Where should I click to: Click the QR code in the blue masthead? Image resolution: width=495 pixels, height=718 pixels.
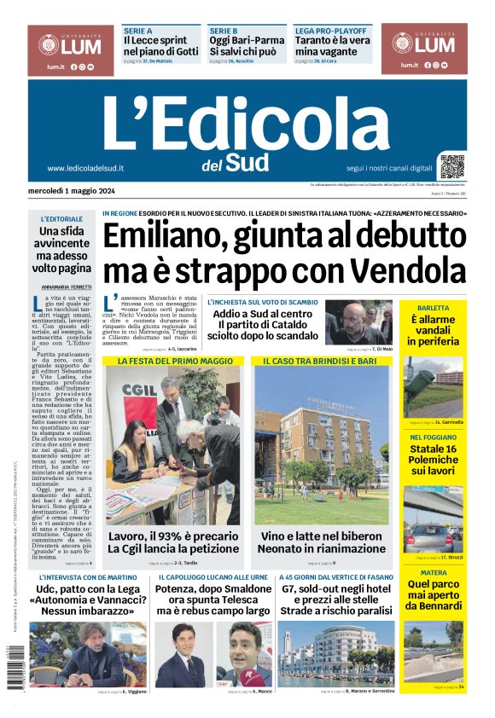[452, 165]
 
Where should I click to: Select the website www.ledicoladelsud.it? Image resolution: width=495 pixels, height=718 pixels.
[85, 168]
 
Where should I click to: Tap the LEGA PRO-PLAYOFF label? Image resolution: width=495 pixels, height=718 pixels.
[330, 31]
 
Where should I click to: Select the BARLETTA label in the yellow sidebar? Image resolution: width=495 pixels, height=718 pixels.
[434, 308]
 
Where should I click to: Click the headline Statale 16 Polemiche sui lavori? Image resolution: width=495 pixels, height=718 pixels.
[434, 460]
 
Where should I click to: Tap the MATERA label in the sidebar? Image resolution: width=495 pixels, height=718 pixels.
[434, 573]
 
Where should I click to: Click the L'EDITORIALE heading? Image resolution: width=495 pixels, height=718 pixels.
[62, 219]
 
